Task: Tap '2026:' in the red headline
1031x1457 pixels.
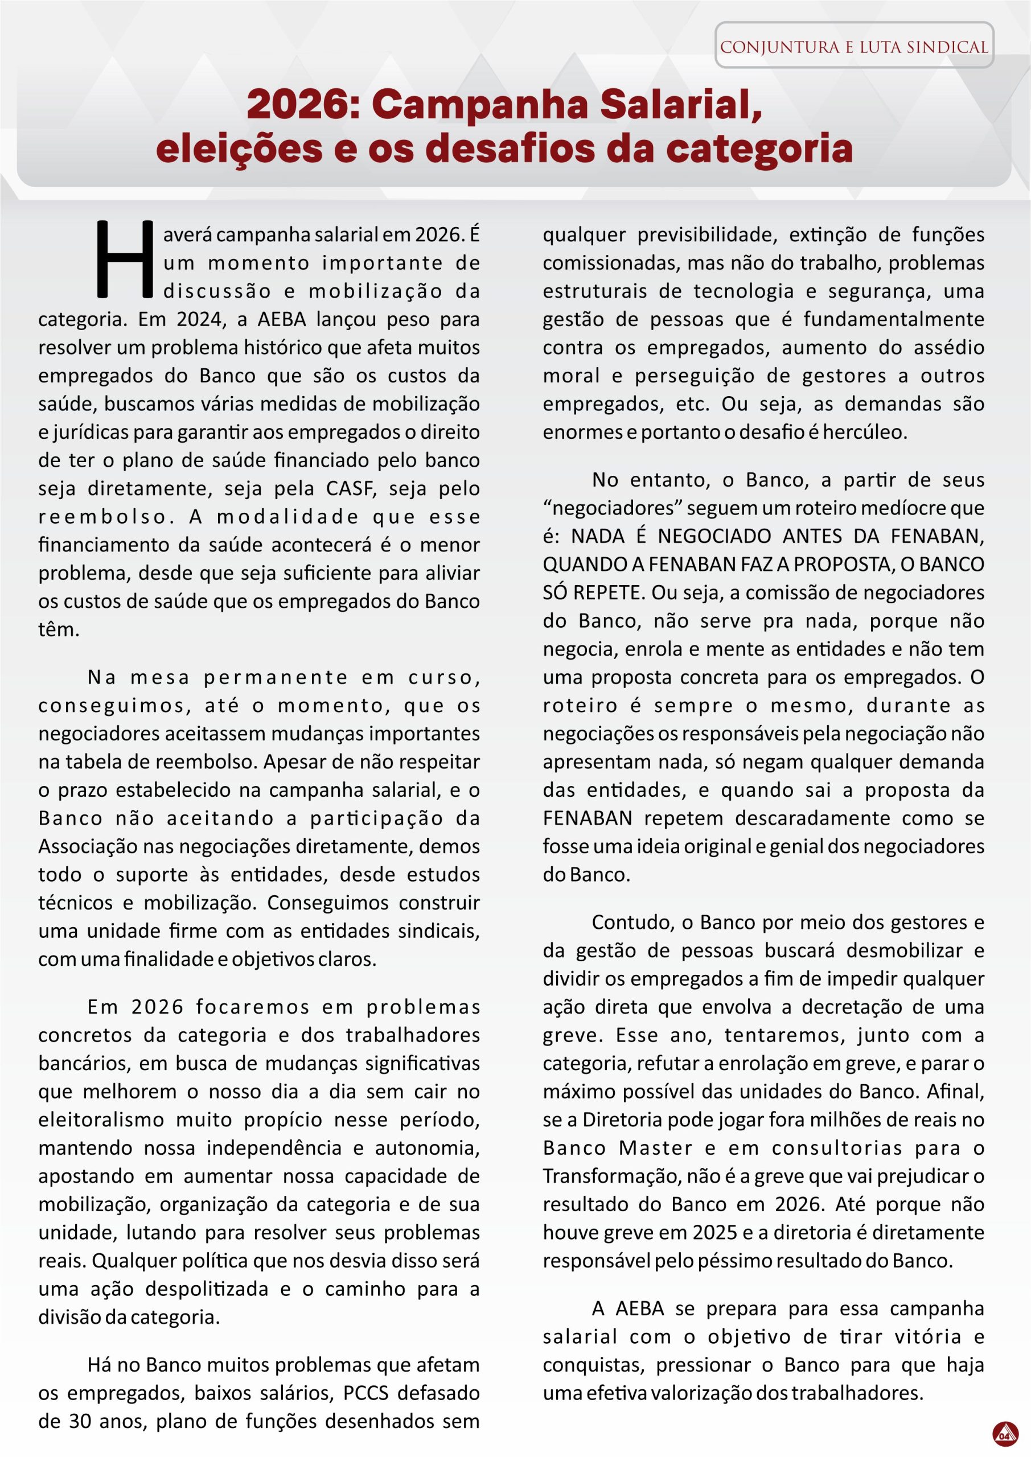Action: click(x=303, y=105)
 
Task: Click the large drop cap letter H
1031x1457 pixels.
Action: click(x=125, y=260)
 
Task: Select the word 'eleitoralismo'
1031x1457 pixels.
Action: click(x=101, y=1119)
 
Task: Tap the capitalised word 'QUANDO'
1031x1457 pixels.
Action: click(x=584, y=564)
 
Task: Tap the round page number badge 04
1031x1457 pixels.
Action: click(x=1004, y=1434)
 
